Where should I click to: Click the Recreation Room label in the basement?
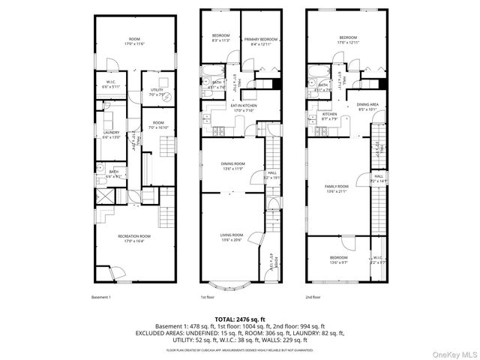pos(134,238)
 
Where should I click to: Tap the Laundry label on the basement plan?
pos(111,135)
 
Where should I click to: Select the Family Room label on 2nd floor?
pos(337,187)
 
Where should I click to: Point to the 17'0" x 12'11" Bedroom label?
pos(347,40)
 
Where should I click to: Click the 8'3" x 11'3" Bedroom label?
pos(220,37)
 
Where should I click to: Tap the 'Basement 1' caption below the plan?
pos(101,298)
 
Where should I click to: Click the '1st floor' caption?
pos(208,298)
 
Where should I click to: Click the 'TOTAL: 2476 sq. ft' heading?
pos(239,319)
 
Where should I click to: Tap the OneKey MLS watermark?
pos(454,352)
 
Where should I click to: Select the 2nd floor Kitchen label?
pos(330,115)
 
